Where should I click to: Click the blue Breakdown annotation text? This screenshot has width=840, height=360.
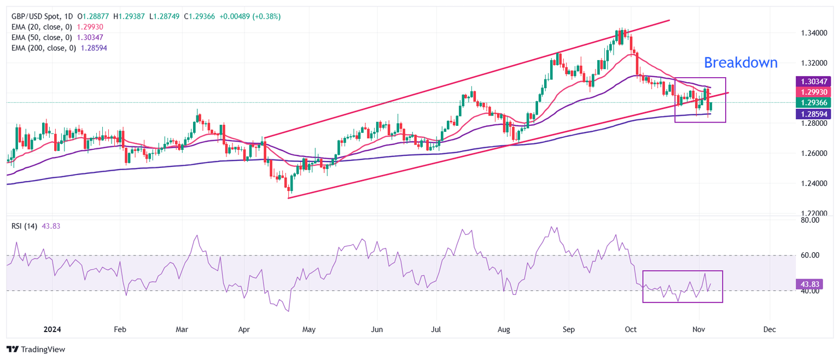[740, 63]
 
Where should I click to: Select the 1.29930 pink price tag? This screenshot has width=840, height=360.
[813, 92]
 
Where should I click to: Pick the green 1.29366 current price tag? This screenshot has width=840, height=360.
[813, 102]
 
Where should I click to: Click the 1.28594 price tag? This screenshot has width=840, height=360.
[813, 114]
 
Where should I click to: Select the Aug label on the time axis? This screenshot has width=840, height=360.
[504, 330]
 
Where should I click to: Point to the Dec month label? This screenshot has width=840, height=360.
[769, 330]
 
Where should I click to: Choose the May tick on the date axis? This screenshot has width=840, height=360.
[308, 330]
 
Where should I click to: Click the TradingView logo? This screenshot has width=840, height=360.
[36, 349]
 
